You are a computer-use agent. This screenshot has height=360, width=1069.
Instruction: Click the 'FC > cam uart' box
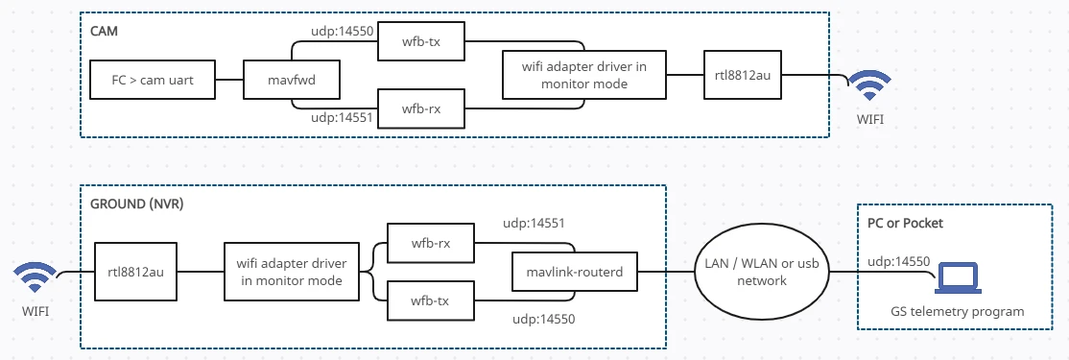coord(153,81)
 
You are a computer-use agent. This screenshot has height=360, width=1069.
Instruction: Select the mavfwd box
coord(292,81)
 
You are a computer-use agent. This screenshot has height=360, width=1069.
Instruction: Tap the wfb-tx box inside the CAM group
coord(421,43)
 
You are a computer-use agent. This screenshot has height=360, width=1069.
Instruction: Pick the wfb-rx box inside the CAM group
coord(421,108)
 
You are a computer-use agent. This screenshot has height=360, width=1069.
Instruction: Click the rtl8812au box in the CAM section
coord(742,73)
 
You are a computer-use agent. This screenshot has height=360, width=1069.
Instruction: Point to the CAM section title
coord(104,31)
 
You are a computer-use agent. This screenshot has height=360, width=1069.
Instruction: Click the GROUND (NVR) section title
coord(136,205)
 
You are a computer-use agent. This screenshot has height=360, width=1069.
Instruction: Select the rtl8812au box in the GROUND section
coord(135,273)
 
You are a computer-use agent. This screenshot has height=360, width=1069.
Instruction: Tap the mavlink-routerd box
coord(575,273)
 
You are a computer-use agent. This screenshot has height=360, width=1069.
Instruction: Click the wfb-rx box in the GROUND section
coord(431,243)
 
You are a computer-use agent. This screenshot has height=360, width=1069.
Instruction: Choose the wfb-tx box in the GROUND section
coord(431,301)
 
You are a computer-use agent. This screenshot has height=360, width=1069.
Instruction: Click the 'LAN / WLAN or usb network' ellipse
coord(761,273)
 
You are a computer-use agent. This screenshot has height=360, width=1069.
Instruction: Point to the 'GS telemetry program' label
coord(956,311)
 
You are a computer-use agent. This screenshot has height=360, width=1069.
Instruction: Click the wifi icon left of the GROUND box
coord(34,279)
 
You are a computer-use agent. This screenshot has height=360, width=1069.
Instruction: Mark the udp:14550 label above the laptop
coord(897,261)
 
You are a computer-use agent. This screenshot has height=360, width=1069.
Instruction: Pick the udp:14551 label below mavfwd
coord(342,118)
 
